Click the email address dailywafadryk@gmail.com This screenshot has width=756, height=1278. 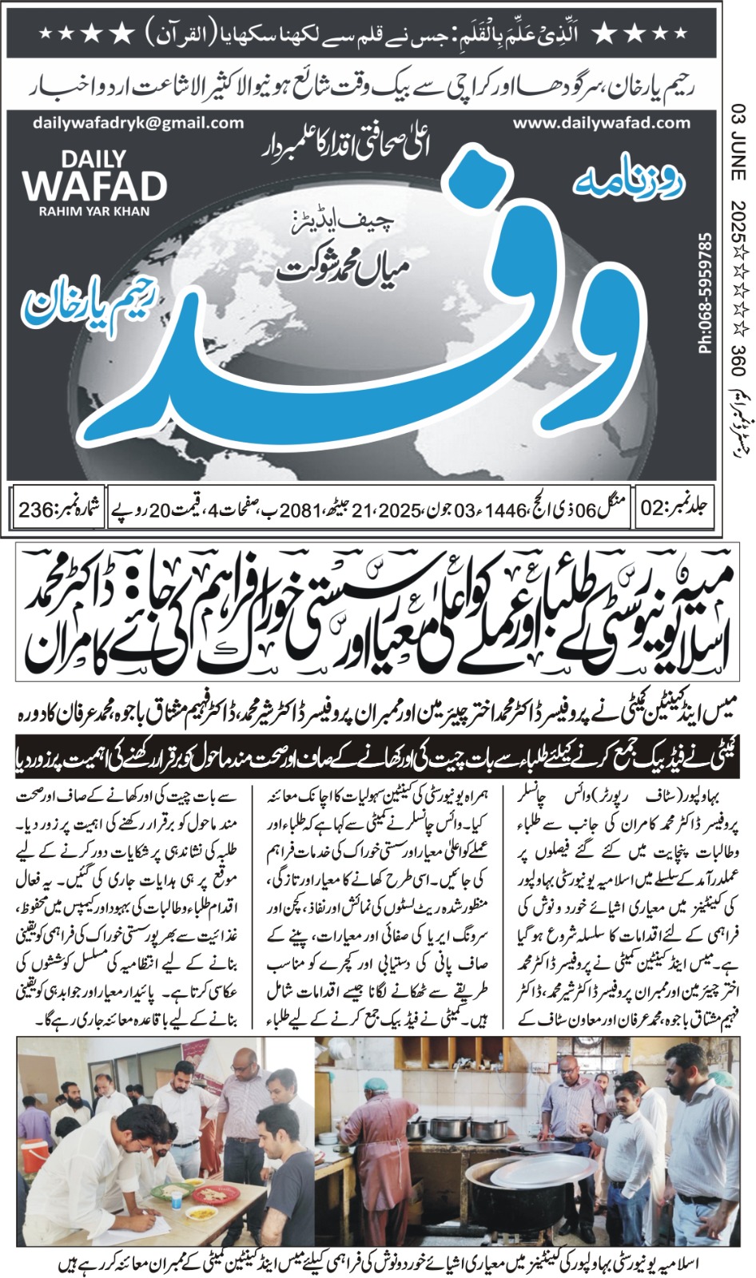138,123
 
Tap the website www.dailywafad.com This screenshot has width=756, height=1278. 601,123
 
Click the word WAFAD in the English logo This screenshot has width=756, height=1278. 94,187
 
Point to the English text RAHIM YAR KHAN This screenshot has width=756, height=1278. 94,212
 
